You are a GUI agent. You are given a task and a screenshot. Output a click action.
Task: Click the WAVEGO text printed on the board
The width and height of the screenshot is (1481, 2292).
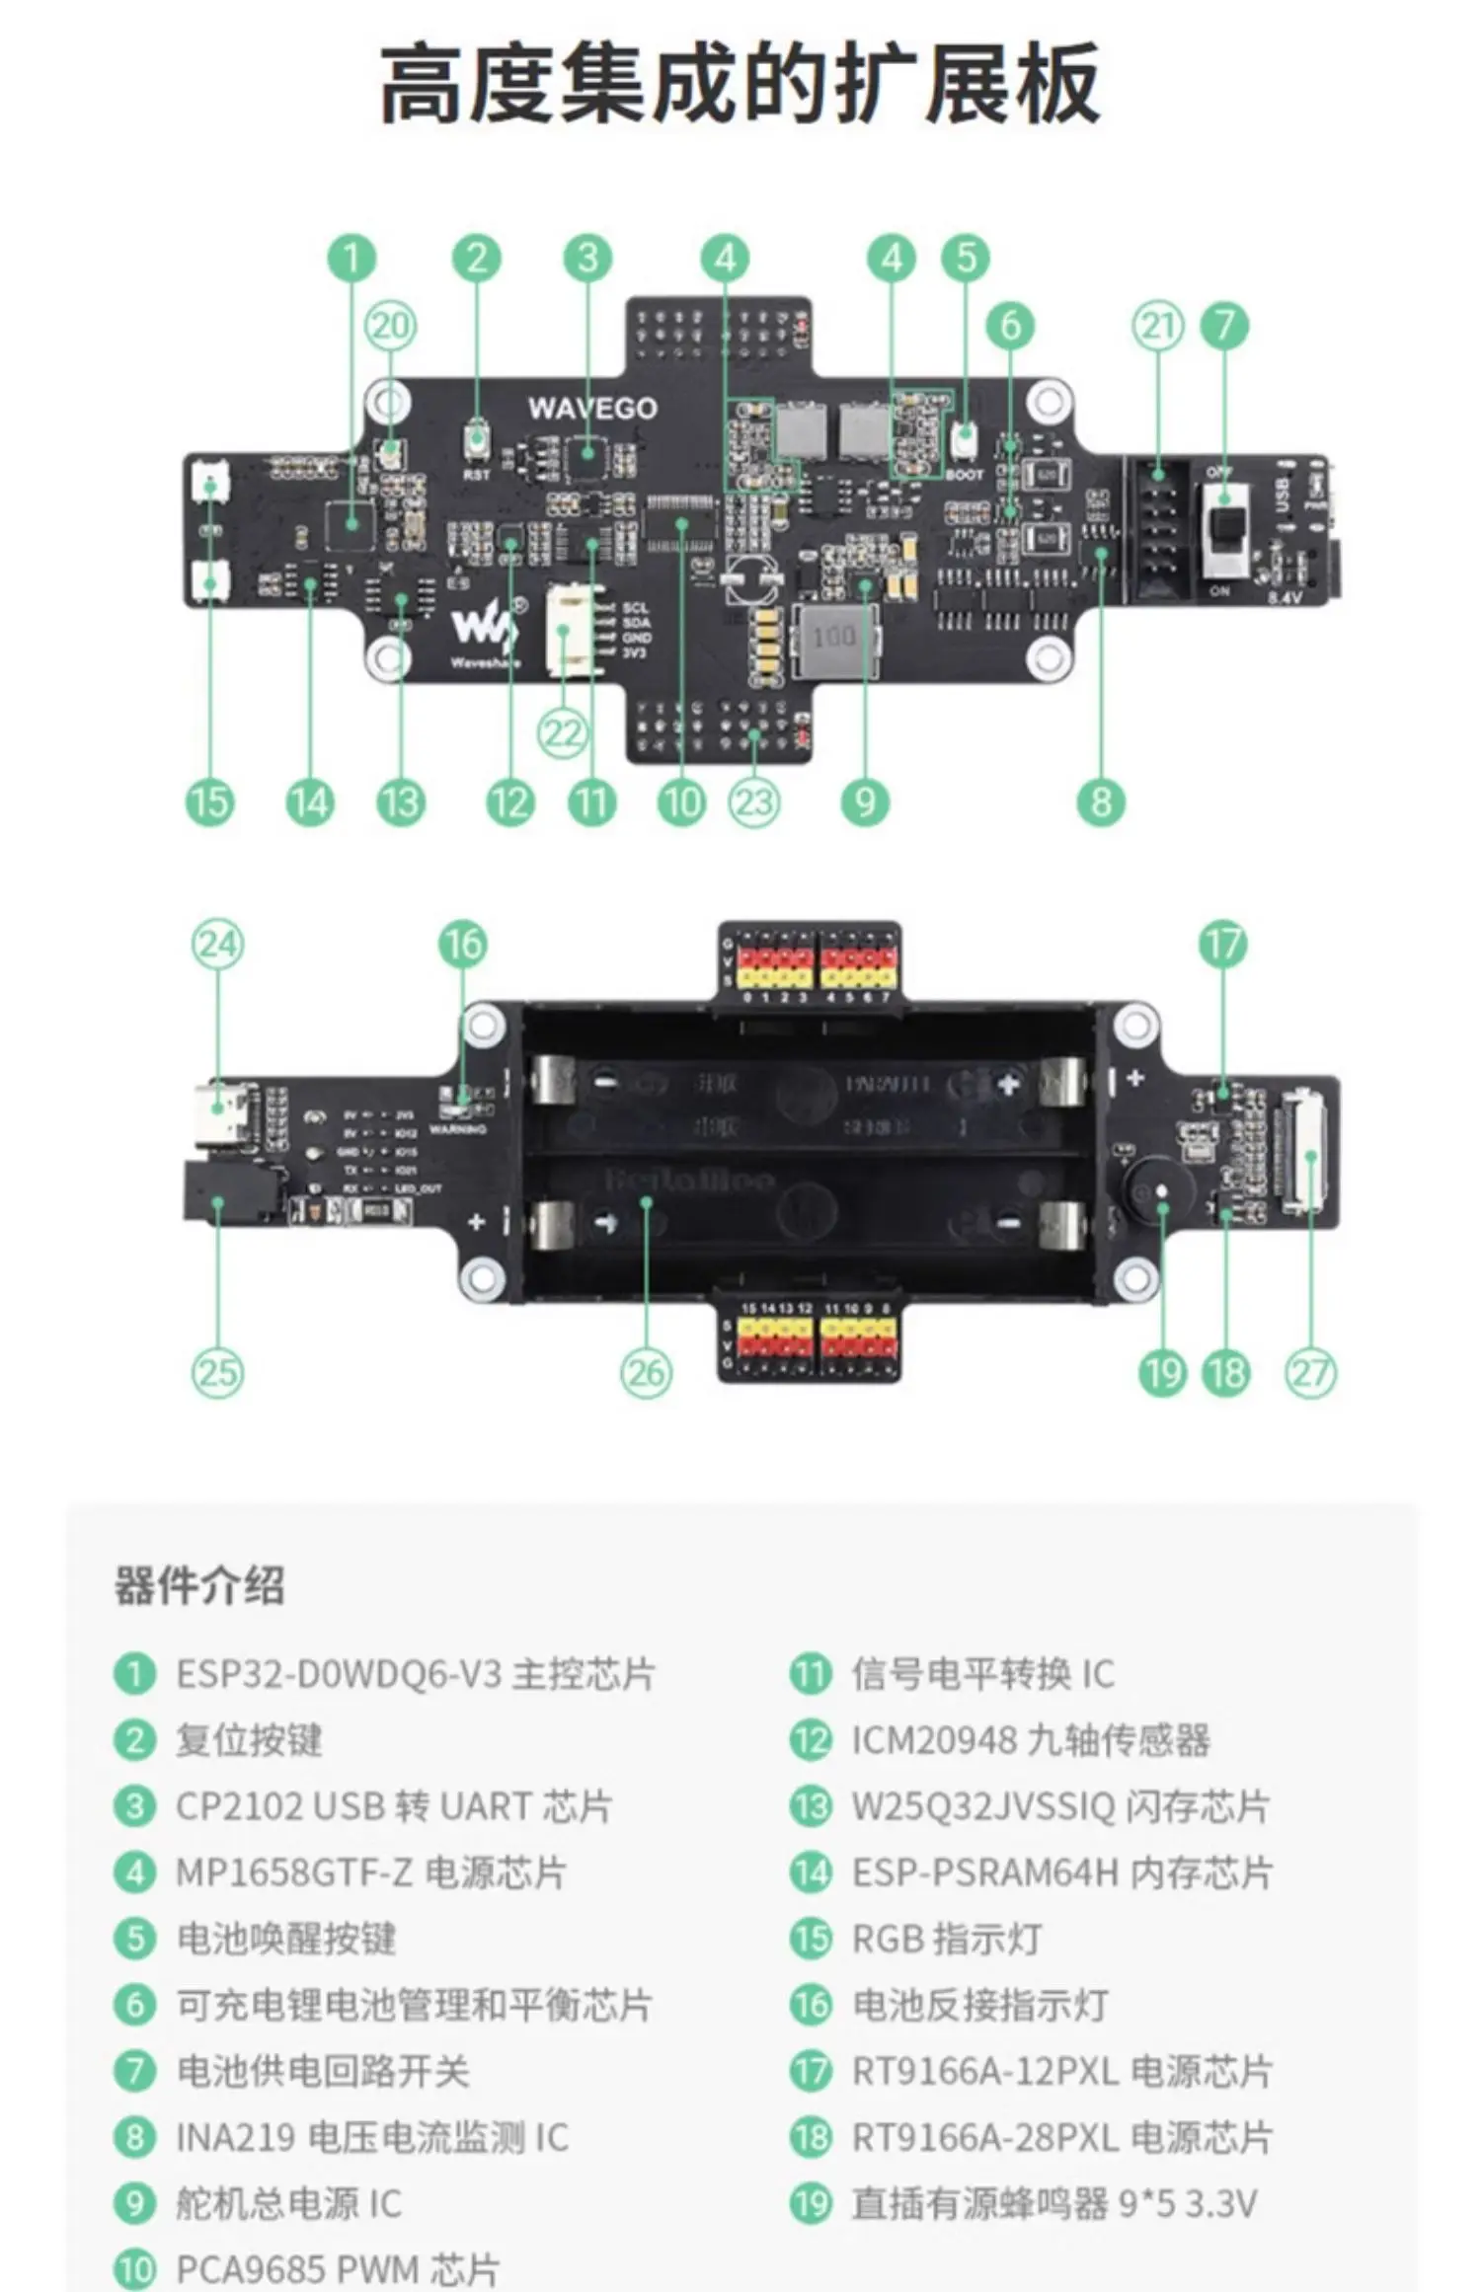[591, 408]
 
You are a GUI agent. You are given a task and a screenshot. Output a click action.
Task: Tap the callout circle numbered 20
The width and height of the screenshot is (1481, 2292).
[391, 326]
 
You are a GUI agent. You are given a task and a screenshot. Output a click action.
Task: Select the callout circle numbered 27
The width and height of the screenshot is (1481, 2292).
[1310, 1372]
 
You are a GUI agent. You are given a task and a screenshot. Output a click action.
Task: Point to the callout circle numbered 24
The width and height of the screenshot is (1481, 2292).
[217, 945]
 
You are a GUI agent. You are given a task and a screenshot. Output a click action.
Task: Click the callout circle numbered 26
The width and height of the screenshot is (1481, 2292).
[646, 1372]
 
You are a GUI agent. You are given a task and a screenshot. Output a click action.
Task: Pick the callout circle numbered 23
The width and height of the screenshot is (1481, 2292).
[754, 802]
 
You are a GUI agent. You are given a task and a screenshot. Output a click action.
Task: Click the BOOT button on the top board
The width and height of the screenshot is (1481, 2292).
[965, 438]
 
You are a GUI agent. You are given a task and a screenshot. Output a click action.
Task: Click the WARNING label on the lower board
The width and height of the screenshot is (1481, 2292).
[457, 1129]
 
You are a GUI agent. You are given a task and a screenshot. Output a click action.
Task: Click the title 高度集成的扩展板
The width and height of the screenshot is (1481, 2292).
[740, 85]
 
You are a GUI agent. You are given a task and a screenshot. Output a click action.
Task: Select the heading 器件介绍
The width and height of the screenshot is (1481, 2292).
[199, 1586]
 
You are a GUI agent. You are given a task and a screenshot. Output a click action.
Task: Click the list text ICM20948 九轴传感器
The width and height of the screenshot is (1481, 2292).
[1031, 1740]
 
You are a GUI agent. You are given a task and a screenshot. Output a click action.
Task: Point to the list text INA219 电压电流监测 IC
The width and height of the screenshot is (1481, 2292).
[372, 2137]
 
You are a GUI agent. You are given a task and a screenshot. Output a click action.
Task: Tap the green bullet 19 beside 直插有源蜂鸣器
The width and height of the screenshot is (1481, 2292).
[811, 2203]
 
